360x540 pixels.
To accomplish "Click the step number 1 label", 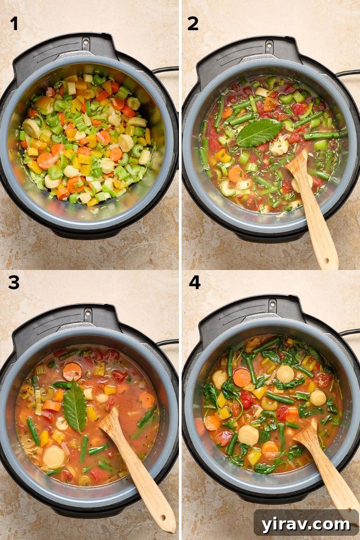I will [14, 23].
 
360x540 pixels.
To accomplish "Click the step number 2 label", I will [193, 23].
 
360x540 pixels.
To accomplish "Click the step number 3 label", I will [14, 283].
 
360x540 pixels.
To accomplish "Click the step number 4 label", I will [194, 283].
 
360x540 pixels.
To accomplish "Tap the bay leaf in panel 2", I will [258, 132].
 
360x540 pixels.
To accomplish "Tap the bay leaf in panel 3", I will [75, 407].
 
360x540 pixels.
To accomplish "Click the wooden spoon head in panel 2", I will [299, 168].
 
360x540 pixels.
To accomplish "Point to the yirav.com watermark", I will [306, 524].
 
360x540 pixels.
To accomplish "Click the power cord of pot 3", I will [167, 342].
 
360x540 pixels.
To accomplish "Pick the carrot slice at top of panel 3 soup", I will [72, 372].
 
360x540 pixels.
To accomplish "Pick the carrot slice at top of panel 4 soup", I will [242, 377].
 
